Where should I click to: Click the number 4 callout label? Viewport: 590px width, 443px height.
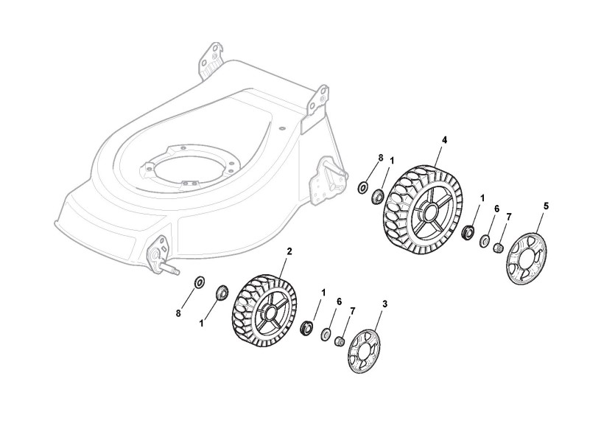444,139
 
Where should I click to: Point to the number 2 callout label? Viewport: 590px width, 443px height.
289,251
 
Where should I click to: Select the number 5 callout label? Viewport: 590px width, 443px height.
546,206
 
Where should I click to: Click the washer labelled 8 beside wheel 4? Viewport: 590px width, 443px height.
362,187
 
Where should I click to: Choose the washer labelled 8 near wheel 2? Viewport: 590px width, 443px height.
199,282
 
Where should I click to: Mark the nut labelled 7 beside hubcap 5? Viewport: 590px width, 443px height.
499,247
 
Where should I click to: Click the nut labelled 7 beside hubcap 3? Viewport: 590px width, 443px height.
340,341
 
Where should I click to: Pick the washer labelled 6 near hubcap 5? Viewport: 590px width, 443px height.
485,240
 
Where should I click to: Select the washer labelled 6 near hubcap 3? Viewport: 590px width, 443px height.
325,335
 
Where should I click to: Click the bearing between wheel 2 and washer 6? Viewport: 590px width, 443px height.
306,325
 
